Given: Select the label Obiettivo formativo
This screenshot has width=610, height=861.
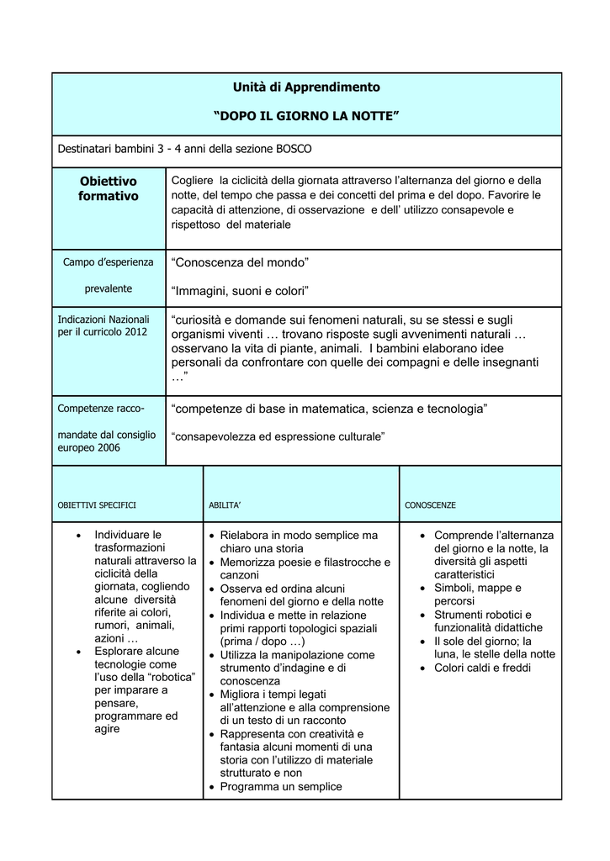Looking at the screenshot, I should (x=109, y=188).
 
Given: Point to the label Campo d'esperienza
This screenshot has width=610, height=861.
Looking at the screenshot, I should (x=109, y=261).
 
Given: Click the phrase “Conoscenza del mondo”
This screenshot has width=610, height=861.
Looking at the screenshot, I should (x=241, y=263).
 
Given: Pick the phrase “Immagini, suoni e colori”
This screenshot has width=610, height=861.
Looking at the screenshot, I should (x=241, y=291).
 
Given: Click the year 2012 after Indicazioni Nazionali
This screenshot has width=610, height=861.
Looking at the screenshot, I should (x=134, y=332).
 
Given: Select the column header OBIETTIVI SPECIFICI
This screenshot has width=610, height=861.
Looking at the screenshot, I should (x=97, y=505).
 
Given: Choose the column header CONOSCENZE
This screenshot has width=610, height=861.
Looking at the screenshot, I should (x=431, y=505).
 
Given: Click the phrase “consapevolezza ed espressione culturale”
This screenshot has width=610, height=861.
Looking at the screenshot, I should (x=278, y=436).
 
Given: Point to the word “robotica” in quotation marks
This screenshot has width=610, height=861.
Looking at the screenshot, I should (x=172, y=677).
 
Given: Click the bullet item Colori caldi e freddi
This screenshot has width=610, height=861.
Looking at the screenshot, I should (x=482, y=668).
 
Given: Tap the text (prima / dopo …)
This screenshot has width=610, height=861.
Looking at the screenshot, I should (x=263, y=642).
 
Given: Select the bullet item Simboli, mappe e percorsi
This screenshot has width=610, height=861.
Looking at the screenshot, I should (x=477, y=594).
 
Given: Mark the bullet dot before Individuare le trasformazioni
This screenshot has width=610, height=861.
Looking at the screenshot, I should (x=79, y=535).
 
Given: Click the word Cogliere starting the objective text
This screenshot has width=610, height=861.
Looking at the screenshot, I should (x=192, y=181).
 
